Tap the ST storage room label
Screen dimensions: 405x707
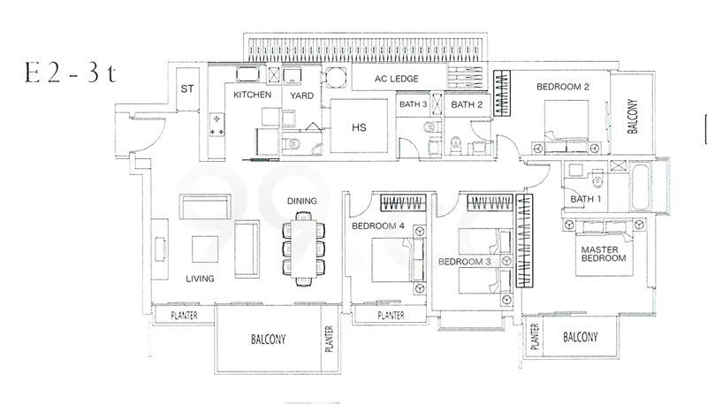187,88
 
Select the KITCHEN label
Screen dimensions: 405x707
252,94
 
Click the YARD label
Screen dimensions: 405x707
293,94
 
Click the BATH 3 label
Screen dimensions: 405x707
414,104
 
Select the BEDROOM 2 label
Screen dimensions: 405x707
562,87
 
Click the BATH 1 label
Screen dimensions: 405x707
584,199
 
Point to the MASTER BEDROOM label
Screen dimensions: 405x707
604,254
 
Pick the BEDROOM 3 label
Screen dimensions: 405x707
464,262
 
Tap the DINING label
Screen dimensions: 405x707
301,202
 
